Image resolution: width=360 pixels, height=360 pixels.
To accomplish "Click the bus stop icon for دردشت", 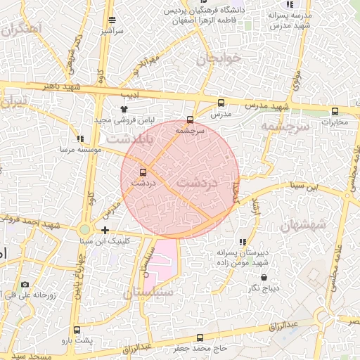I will pyautogui.click(x=143, y=172).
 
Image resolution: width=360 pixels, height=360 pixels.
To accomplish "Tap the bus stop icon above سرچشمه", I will pyautogui.click(x=190, y=120).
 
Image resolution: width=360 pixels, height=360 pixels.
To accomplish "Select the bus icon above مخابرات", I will pyautogui.click(x=334, y=111).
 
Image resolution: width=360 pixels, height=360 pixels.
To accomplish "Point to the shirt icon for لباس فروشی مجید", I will pyautogui.click(x=124, y=110).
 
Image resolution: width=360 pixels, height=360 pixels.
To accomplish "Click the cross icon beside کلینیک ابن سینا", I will pyautogui.click(x=105, y=230).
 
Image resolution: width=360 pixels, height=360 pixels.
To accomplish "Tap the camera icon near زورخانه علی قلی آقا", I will pyautogui.click(x=25, y=285).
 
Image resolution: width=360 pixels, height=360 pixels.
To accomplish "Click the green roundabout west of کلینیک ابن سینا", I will pyautogui.click(x=85, y=229).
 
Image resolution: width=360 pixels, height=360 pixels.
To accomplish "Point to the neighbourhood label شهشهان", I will pyautogui.click(x=303, y=224).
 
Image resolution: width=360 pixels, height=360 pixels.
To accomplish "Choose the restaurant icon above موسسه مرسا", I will pyautogui.click(x=81, y=139).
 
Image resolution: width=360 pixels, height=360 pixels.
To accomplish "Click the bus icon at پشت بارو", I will pyautogui.click(x=77, y=330).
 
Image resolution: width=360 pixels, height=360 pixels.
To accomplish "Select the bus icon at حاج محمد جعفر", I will pyautogui.click(x=200, y=337).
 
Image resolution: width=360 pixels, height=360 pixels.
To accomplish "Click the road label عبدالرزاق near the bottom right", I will pyautogui.click(x=283, y=325).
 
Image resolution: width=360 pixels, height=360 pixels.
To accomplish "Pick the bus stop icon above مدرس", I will pyautogui.click(x=221, y=103).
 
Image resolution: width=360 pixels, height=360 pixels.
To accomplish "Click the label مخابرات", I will pyautogui.click(x=334, y=122).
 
